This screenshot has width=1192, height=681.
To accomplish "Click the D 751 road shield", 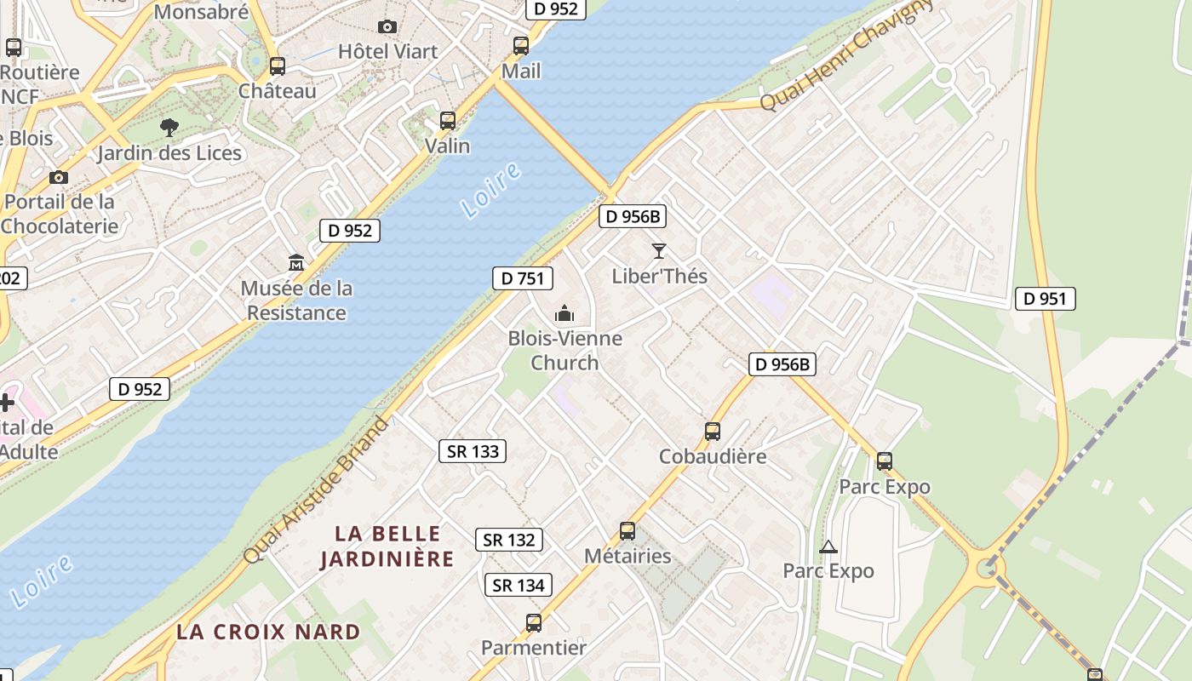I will pos(523,278).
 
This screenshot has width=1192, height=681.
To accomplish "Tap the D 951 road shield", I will pos(1045,299).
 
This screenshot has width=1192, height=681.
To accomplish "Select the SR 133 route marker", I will pos(473,451).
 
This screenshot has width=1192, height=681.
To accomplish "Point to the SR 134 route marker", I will pos(519,585).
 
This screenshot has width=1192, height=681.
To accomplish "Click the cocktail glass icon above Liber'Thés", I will pos(658,251).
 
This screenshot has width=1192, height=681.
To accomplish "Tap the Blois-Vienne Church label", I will pos(564,351).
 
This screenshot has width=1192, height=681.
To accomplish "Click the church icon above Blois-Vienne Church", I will pos(564,314).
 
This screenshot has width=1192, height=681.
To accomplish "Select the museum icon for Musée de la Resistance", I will pos(296,262).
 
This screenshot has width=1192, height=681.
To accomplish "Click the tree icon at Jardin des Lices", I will pos(169,129).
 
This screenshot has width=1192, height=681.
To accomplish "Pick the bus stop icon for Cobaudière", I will pos(713,432).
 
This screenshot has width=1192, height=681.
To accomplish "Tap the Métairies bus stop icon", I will pos(628,531).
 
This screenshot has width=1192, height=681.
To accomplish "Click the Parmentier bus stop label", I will pos(534,647).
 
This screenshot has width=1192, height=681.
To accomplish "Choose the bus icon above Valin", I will pos(448,121).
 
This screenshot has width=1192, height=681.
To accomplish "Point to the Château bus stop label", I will pos(278,90).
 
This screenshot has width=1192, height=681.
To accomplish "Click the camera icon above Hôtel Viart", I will pos(387,27).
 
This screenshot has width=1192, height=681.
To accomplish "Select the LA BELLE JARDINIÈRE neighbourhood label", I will pos(387,547).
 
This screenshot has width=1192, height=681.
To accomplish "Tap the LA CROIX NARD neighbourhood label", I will pos(268,632).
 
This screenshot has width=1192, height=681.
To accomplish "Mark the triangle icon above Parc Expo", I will pos(828,547).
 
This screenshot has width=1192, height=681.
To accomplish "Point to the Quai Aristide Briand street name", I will pos(317,489).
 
